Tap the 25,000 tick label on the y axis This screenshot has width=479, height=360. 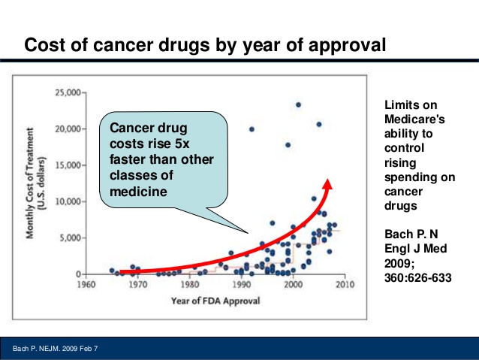click(x=70, y=92)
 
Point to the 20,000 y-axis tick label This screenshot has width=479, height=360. click(x=70, y=129)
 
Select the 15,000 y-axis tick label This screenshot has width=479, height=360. click(x=70, y=165)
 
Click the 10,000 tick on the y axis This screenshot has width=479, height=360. click(x=70, y=201)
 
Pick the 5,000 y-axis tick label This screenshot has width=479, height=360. click(x=73, y=237)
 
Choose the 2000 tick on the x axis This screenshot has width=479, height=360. click(x=293, y=286)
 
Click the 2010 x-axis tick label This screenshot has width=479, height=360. click(x=345, y=286)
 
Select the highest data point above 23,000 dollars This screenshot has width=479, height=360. click(x=298, y=104)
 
